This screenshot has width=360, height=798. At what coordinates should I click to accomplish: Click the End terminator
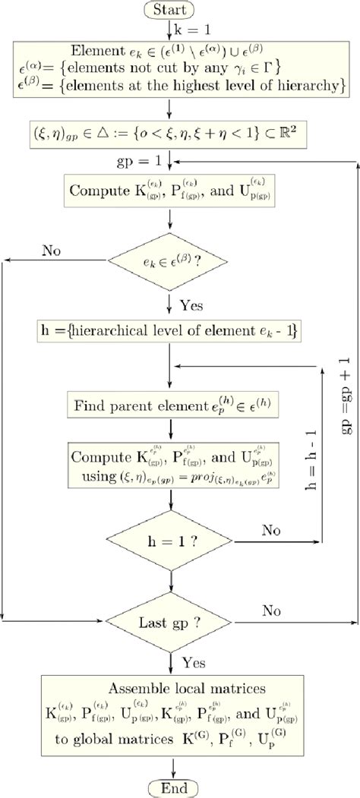pyautogui.click(x=174, y=786)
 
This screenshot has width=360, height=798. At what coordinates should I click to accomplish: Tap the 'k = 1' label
pyautogui.click(x=191, y=30)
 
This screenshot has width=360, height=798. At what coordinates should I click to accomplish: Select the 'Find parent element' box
pyautogui.click(x=173, y=405)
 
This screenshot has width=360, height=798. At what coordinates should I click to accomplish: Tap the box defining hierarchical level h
pyautogui.click(x=174, y=331)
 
